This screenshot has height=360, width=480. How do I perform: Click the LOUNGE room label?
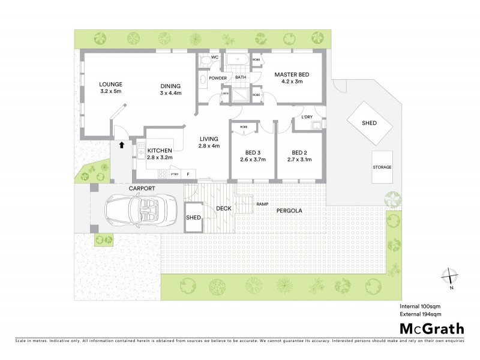(111, 84)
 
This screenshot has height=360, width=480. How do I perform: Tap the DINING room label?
(170, 85)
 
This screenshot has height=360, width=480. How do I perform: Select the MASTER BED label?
(292, 75)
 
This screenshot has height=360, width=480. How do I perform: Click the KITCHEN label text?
(160, 150)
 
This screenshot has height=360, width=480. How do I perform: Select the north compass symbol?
(450, 278)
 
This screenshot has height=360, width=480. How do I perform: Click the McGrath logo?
(431, 328)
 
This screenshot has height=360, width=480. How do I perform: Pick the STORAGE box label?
(382, 167)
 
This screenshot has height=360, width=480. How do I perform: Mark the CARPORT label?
(142, 188)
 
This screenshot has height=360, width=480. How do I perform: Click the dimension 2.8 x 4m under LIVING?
(209, 146)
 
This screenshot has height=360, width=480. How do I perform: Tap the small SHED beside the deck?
(193, 218)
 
